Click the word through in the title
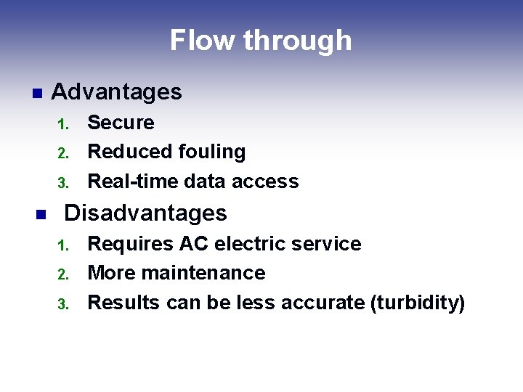point(298,41)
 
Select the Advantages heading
point(116,92)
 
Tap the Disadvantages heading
point(145,213)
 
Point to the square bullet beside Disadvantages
point(41,214)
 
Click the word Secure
point(121,123)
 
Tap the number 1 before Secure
point(62,124)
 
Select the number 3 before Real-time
point(62,183)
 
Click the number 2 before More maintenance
point(62,274)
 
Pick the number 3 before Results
point(62,304)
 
